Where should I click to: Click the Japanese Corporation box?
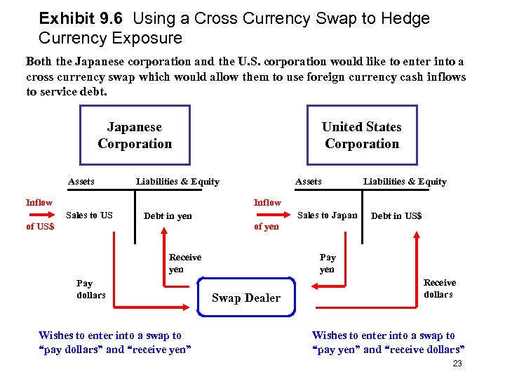tap(135, 135)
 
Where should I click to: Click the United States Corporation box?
tap(362, 135)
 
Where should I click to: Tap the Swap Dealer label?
tap(245, 298)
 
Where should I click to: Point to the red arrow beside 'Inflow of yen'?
tap(268, 214)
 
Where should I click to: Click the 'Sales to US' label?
tap(89, 215)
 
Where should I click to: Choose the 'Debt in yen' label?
tap(168, 215)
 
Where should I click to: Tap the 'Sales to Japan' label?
tap(327, 215)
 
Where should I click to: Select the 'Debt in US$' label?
tap(396, 215)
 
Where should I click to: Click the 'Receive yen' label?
tap(184, 263)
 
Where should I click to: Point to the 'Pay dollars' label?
tap(90, 289)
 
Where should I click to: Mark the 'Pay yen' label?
tap(327, 263)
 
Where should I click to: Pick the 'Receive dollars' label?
tap(439, 288)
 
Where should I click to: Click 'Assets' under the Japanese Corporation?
tap(81, 181)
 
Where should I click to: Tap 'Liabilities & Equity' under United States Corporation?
tap(405, 181)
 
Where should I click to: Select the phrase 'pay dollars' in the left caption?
tap(72, 350)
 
